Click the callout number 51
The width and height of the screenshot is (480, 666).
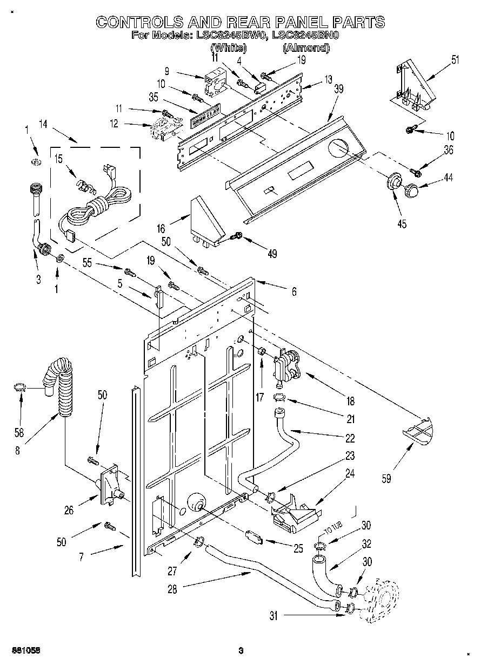click(x=455, y=60)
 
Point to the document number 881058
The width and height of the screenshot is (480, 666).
click(x=26, y=650)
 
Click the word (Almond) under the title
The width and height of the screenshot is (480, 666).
click(x=306, y=47)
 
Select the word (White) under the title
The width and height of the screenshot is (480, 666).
click(x=228, y=47)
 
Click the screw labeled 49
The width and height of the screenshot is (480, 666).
click(x=237, y=236)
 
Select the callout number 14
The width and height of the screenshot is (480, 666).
click(x=43, y=124)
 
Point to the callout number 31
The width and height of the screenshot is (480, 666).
click(x=274, y=616)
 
